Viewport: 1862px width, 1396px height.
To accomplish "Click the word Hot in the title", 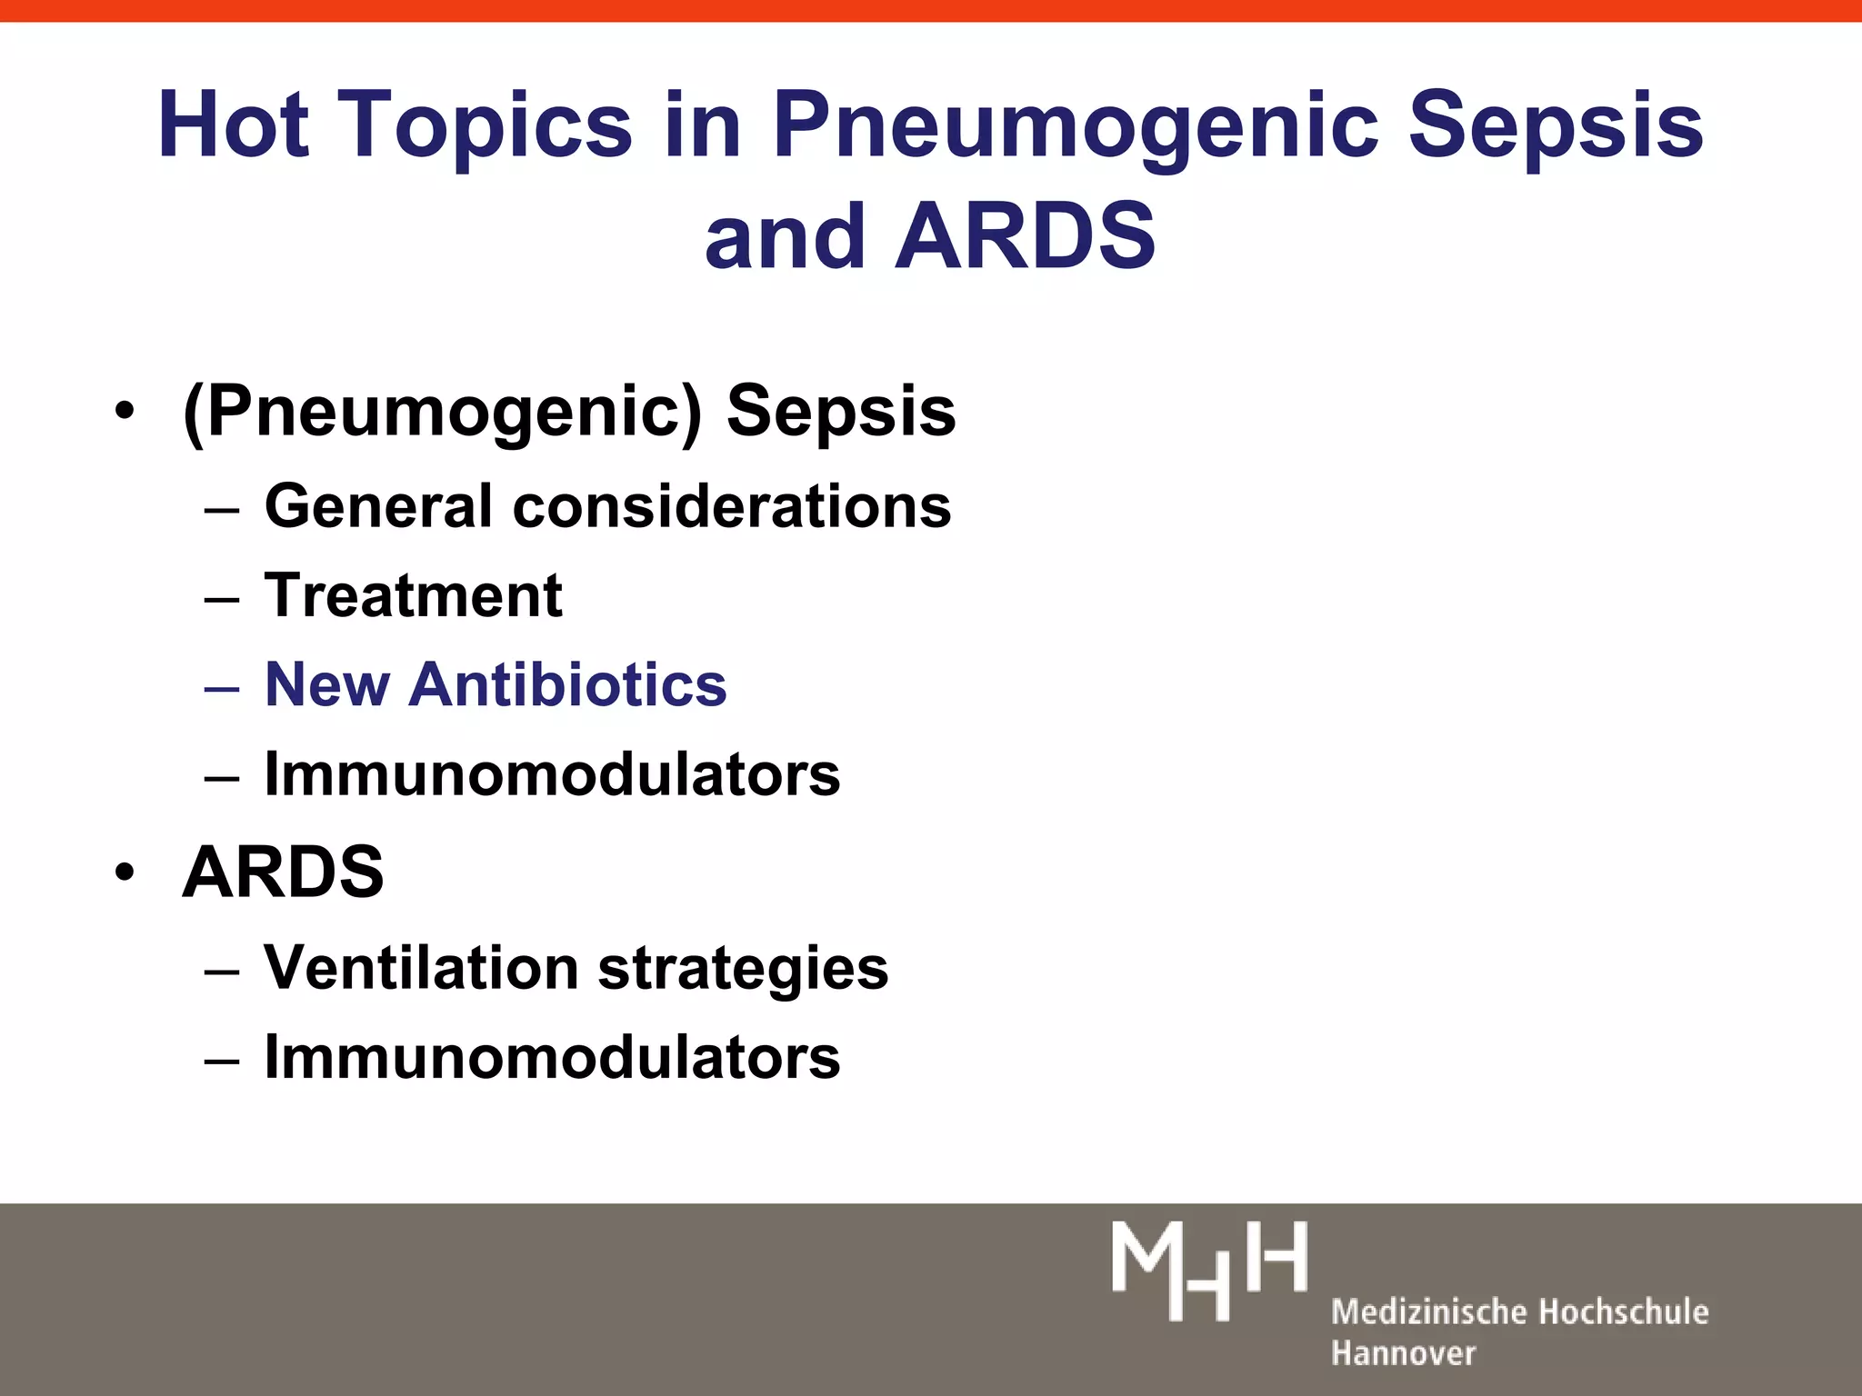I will click(233, 125).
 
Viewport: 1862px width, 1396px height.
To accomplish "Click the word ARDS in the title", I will click(1025, 236).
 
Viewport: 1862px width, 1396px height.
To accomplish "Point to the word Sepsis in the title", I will click(1555, 125).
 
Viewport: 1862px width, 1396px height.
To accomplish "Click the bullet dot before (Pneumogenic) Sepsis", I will click(125, 412).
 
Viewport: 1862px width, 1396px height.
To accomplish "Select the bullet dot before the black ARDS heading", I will click(125, 872).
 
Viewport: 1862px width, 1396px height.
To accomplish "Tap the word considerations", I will click(732, 505).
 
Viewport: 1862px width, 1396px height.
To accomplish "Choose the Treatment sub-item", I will click(414, 596).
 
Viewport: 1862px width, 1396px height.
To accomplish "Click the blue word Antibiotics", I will click(567, 684).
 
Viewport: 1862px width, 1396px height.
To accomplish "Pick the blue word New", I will click(326, 684).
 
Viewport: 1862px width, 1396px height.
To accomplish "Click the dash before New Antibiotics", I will click(222, 688).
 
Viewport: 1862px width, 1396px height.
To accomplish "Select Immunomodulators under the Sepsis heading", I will click(552, 774).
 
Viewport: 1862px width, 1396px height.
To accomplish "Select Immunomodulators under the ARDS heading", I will click(552, 1057).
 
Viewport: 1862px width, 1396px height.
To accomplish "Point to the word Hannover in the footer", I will click(1403, 1353).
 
